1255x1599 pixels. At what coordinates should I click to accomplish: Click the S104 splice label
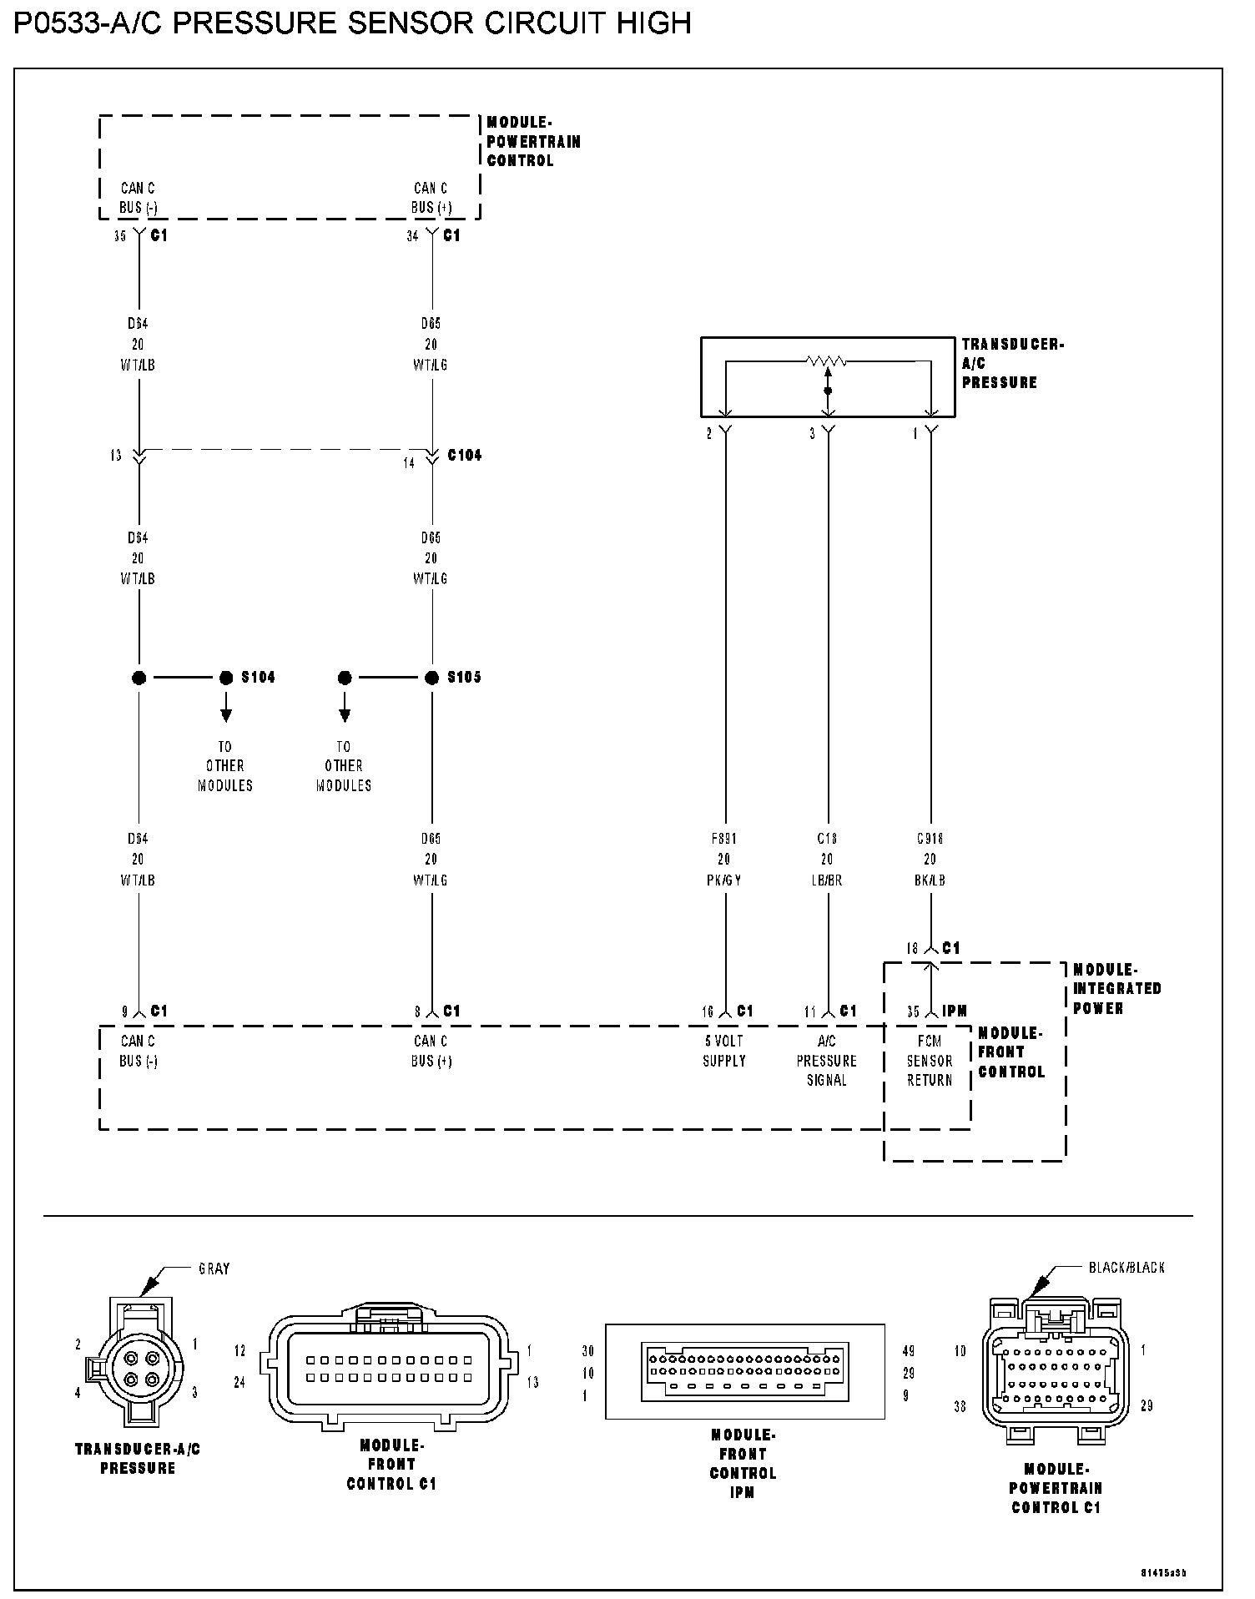pos(258,677)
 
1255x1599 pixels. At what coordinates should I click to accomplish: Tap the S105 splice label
pos(464,677)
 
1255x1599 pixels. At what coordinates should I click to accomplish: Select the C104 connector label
pos(465,455)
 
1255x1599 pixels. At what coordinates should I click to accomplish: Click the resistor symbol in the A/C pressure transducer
pos(827,361)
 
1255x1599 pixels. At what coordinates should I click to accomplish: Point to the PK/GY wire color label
pos(723,880)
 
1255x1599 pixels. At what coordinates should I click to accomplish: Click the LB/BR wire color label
pos(827,880)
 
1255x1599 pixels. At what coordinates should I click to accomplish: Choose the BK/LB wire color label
pos(930,880)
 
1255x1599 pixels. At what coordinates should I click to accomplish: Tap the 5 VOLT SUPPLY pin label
pos(723,1051)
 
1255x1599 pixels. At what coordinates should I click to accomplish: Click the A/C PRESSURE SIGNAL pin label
pos(827,1060)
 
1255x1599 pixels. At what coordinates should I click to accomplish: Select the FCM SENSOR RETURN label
pos(930,1060)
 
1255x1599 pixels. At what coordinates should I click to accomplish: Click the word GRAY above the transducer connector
pos(214,1269)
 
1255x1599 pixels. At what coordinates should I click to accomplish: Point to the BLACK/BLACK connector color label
pos(1126,1268)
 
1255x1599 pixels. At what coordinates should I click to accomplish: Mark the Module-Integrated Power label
pos(1116,988)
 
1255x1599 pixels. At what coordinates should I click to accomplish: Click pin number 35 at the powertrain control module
pos(120,236)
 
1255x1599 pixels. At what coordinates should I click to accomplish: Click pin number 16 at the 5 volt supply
pos(708,1012)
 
